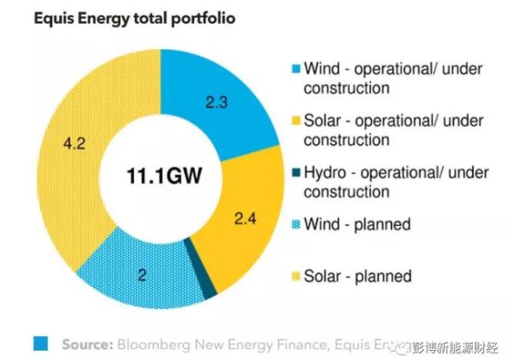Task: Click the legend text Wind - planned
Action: [357, 225]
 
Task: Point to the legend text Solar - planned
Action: [357, 275]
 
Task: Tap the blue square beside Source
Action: [41, 342]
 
